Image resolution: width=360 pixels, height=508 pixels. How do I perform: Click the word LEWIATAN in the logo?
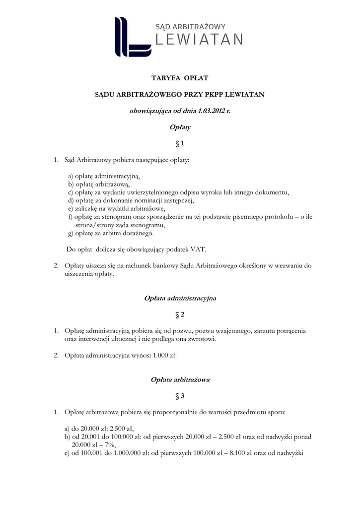200,40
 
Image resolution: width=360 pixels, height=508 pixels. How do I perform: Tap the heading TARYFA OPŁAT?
180,78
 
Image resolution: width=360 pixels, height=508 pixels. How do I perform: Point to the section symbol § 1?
180,144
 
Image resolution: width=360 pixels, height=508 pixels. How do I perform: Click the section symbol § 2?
180,315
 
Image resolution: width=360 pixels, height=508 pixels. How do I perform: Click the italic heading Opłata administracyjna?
180,299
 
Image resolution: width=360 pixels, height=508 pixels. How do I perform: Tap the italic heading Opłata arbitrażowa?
180,380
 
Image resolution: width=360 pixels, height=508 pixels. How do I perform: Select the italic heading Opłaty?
180,127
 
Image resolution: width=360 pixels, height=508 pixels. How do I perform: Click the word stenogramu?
147,225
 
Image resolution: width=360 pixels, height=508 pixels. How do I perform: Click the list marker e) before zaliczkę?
71,209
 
